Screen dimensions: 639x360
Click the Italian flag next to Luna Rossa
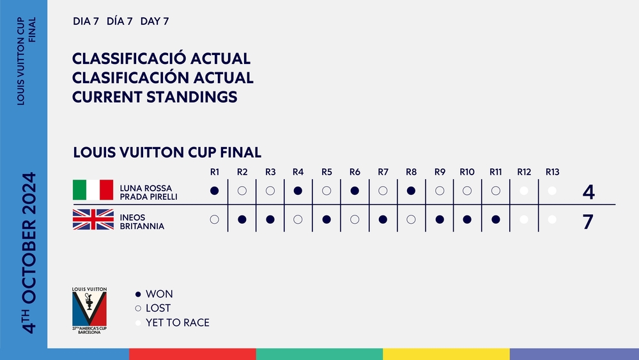coord(93,190)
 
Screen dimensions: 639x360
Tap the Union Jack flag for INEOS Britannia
coord(93,219)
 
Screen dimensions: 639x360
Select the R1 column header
coord(215,172)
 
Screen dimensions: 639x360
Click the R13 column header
coord(553,172)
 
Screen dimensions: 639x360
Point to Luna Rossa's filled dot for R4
coord(298,191)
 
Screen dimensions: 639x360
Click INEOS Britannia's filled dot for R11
coord(496,219)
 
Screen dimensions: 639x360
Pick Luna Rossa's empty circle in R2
coord(242,191)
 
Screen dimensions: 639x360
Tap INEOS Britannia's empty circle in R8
coord(411,219)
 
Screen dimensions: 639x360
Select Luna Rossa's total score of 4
coord(589,192)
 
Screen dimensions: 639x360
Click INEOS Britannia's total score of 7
coord(588,222)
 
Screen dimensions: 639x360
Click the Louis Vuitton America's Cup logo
coord(89,311)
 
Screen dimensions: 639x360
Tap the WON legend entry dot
coord(138,294)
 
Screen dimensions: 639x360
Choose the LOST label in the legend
coord(158,308)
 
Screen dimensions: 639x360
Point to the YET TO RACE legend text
coord(178,322)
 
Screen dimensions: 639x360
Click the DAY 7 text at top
coord(155,21)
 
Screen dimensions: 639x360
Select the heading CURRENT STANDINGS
coord(155,97)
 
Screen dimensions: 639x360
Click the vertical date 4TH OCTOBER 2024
coord(29,253)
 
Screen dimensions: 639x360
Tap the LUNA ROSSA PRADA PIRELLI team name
coord(148,192)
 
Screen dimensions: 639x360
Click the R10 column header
coord(467,172)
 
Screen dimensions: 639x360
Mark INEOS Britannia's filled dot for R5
coord(327,219)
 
